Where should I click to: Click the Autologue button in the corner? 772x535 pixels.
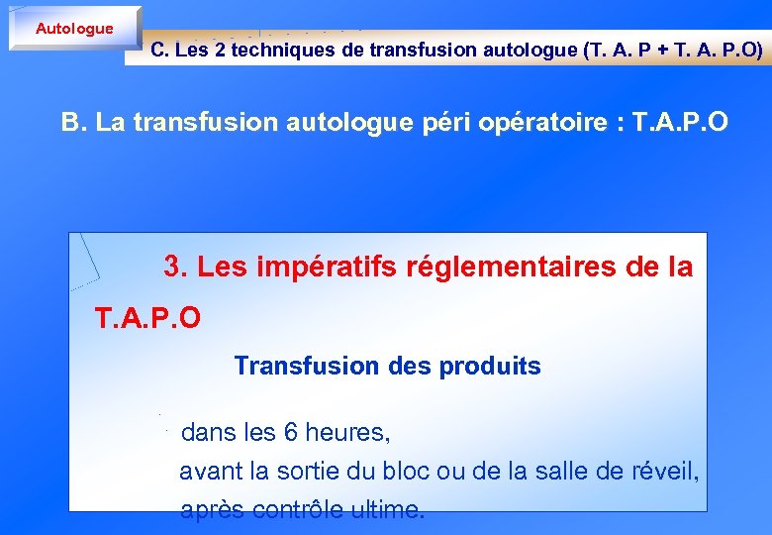(x=74, y=29)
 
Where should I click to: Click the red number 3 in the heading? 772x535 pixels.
(x=174, y=267)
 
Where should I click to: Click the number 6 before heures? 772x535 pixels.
(x=290, y=433)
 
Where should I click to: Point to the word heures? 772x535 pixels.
(x=347, y=433)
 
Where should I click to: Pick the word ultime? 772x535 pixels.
(x=384, y=509)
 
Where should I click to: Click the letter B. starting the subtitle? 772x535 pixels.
(x=72, y=122)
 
